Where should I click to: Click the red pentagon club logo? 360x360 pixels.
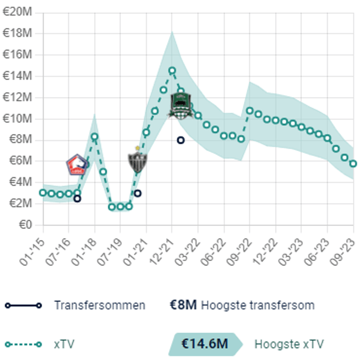[77, 165]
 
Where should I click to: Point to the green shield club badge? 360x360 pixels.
[180, 105]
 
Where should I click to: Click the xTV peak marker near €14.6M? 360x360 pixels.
[172, 70]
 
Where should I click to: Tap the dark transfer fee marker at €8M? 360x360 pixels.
[180, 140]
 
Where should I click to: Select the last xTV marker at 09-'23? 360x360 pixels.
[353, 164]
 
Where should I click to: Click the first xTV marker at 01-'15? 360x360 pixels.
[43, 192]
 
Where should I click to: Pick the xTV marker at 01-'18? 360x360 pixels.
[95, 136]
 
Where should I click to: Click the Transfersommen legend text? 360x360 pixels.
[99, 305]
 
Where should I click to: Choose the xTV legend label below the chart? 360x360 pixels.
[64, 344]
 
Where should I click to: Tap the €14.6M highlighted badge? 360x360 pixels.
[204, 344]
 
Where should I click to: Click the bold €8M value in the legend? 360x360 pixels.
[183, 305]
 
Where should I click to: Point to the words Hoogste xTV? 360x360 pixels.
[289, 344]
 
